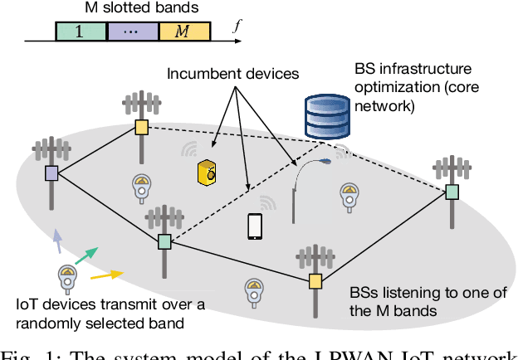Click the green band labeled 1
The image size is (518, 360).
click(81, 32)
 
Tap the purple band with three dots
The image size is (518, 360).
click(134, 32)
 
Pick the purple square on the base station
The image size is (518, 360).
click(51, 173)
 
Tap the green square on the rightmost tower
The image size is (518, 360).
click(452, 192)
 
